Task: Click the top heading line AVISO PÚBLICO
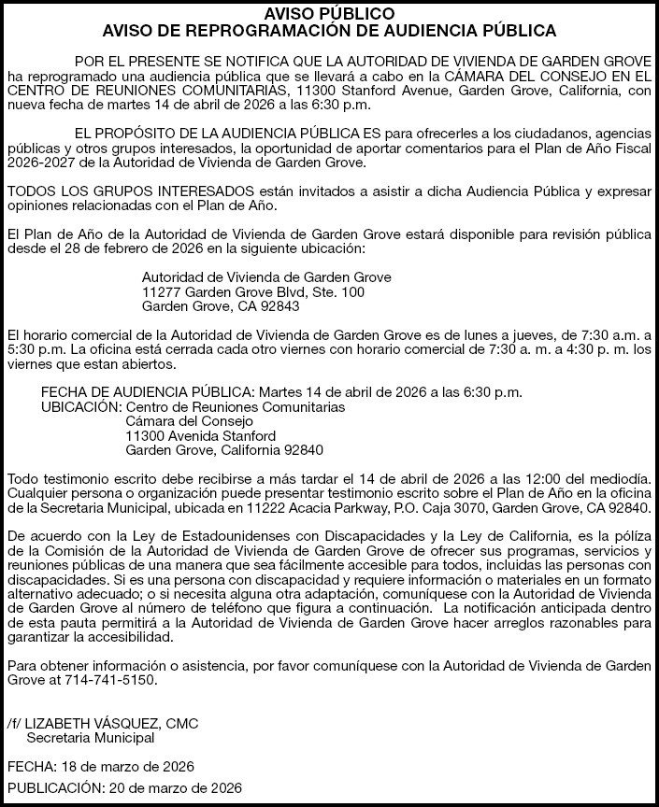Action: coord(329,14)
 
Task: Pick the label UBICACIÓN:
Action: coord(81,408)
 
